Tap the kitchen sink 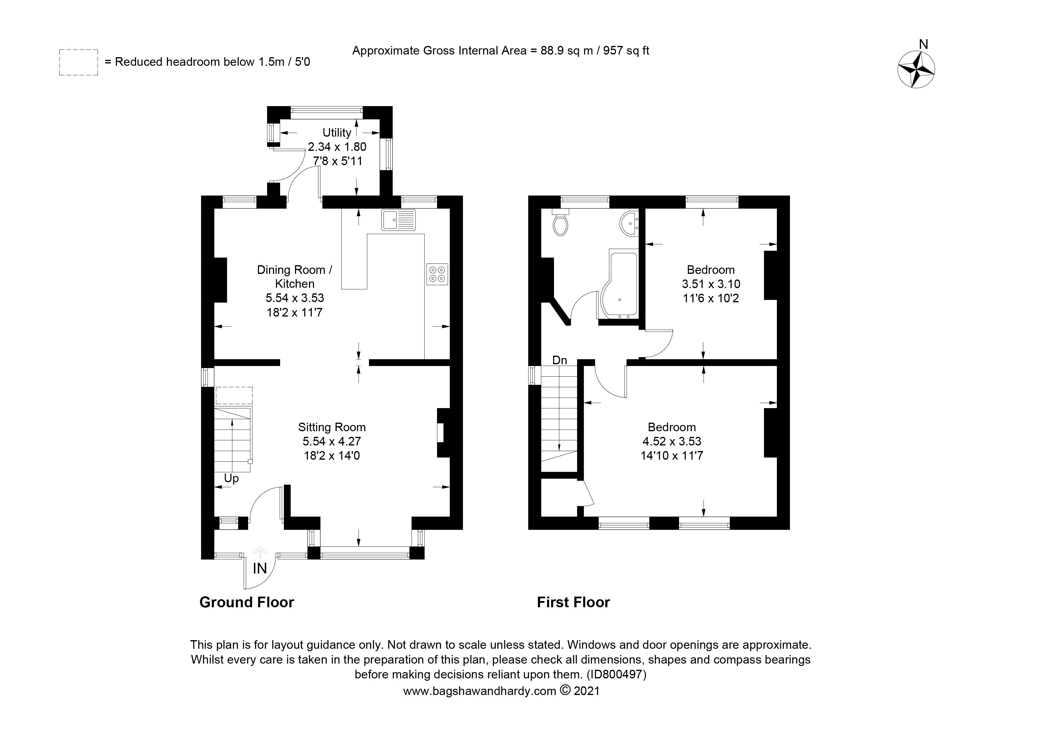[398, 220]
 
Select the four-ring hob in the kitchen [437, 274]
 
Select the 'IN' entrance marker [260, 568]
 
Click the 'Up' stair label [231, 479]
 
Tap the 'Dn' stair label [560, 360]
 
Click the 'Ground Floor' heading [247, 602]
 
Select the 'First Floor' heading [573, 602]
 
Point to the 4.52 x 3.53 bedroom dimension [672, 441]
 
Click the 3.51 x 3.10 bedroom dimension [711, 284]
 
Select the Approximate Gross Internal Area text [500, 50]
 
